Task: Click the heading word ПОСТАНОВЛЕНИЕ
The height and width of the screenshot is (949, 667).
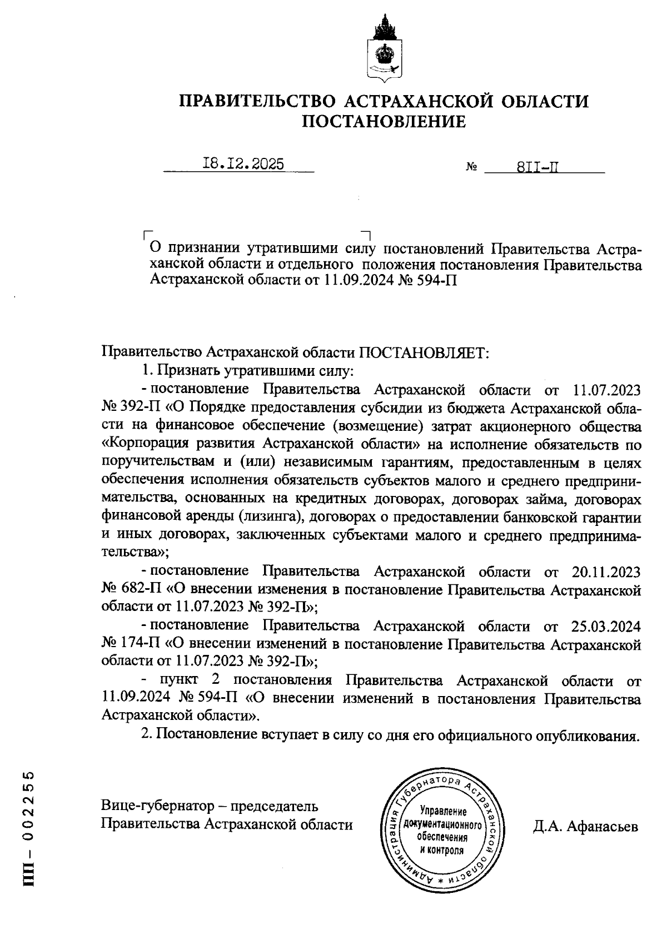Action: [384, 122]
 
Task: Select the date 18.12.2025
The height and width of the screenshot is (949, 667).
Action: [243, 164]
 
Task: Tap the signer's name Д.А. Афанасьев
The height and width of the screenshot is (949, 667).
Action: [585, 827]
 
